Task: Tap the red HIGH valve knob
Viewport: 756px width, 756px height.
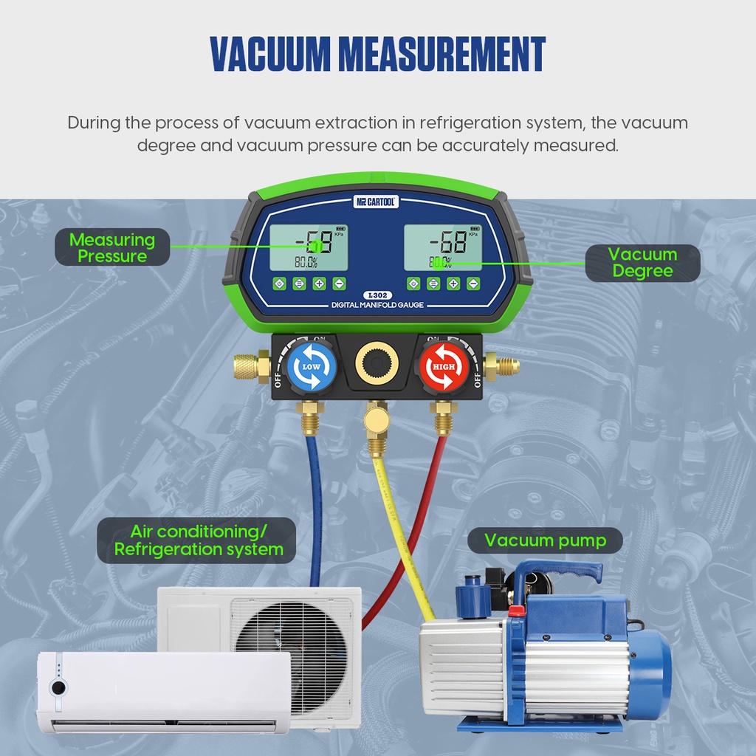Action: click(444, 366)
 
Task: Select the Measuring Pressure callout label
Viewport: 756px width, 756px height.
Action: click(112, 247)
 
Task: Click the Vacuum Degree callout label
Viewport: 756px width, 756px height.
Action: click(642, 263)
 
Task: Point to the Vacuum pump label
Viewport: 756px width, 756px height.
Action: click(545, 540)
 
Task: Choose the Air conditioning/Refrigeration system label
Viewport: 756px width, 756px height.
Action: click(199, 540)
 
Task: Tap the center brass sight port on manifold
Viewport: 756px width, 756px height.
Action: click(377, 362)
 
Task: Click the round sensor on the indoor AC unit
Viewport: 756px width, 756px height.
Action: click(58, 687)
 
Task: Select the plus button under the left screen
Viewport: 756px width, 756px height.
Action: click(319, 283)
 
